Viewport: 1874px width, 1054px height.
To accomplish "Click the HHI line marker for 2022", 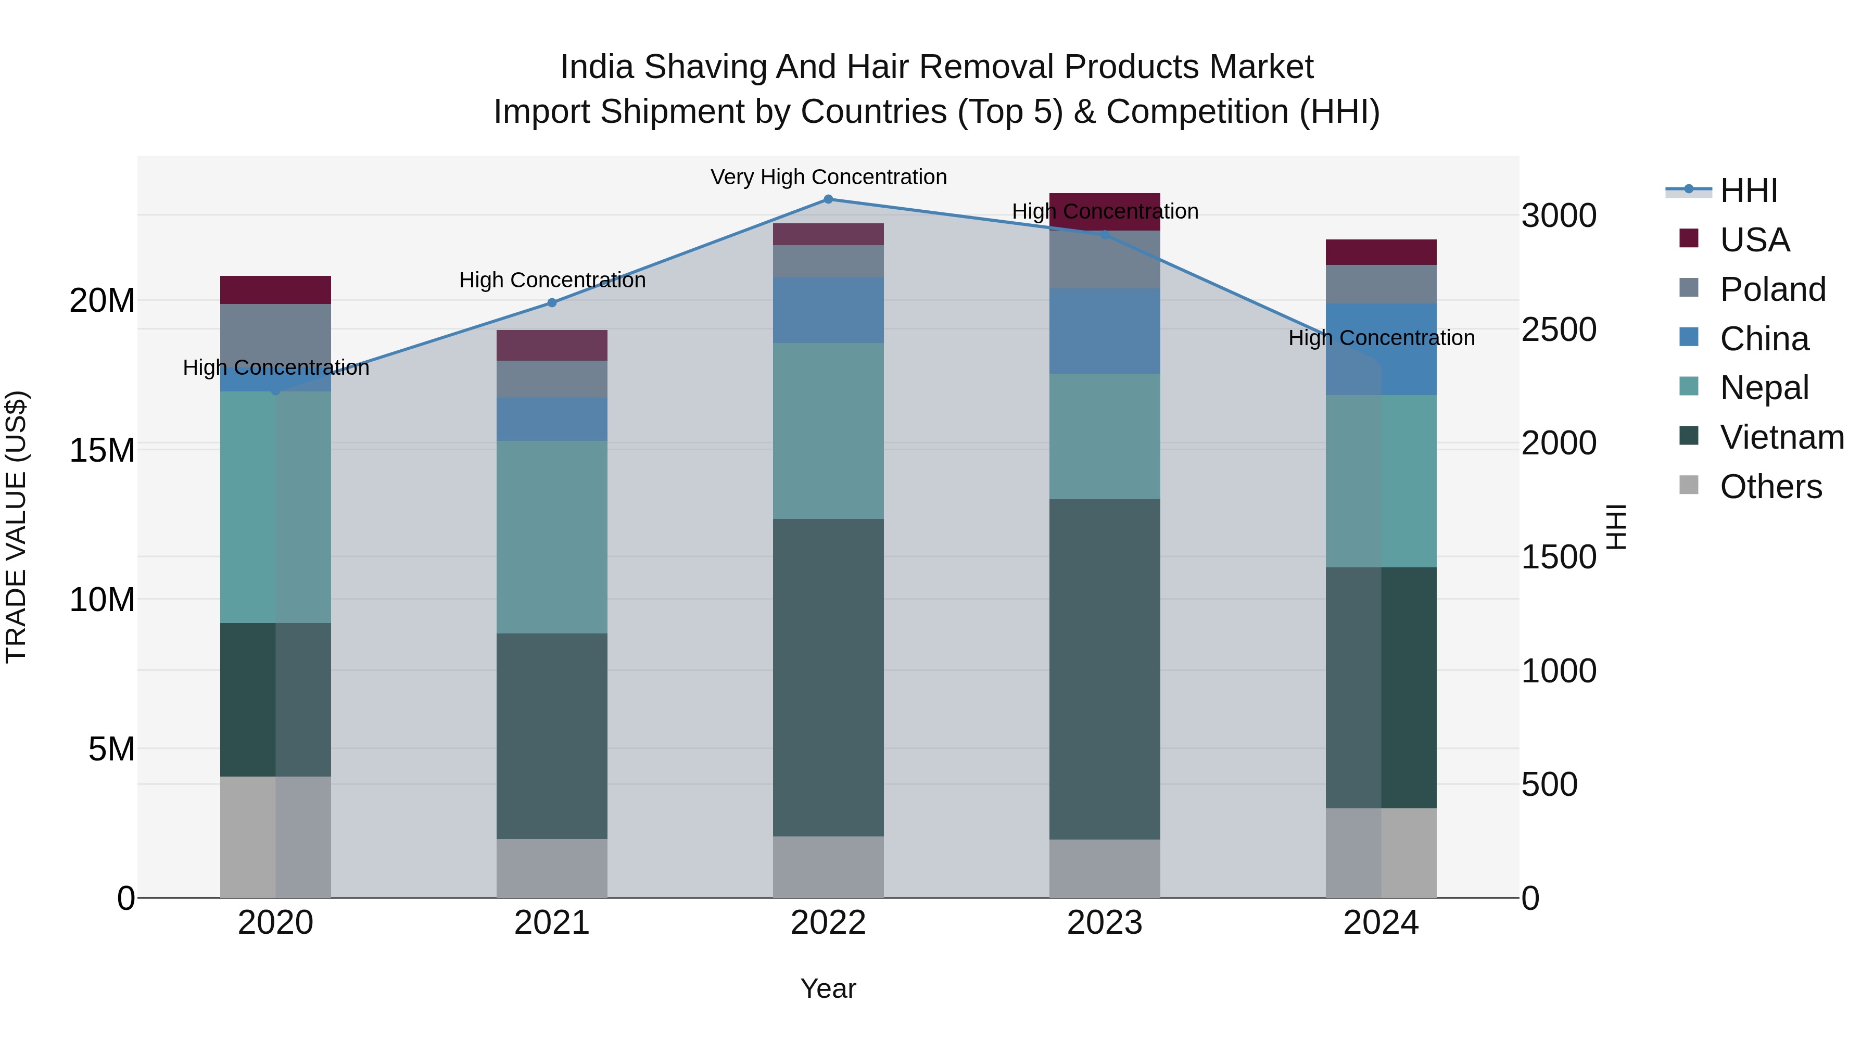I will [828, 199].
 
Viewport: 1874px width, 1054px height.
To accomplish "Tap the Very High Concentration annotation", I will [828, 177].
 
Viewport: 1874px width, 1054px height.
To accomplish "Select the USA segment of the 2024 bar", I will [1381, 252].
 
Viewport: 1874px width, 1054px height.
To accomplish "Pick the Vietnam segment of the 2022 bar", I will [828, 677].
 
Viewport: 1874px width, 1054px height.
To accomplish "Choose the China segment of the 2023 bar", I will [1104, 331].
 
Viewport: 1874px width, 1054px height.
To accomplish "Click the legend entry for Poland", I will [1772, 289].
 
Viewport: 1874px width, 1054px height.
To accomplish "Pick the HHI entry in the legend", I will [1748, 191].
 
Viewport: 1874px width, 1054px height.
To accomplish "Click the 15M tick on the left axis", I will [102, 450].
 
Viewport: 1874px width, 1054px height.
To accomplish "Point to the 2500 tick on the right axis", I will [1558, 329].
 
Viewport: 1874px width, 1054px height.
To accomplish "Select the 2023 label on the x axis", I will [1104, 923].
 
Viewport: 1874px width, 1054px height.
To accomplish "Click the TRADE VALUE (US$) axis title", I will [16, 527].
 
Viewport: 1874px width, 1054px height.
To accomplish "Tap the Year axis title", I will [828, 988].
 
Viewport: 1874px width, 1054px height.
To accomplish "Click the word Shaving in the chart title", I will [706, 67].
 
